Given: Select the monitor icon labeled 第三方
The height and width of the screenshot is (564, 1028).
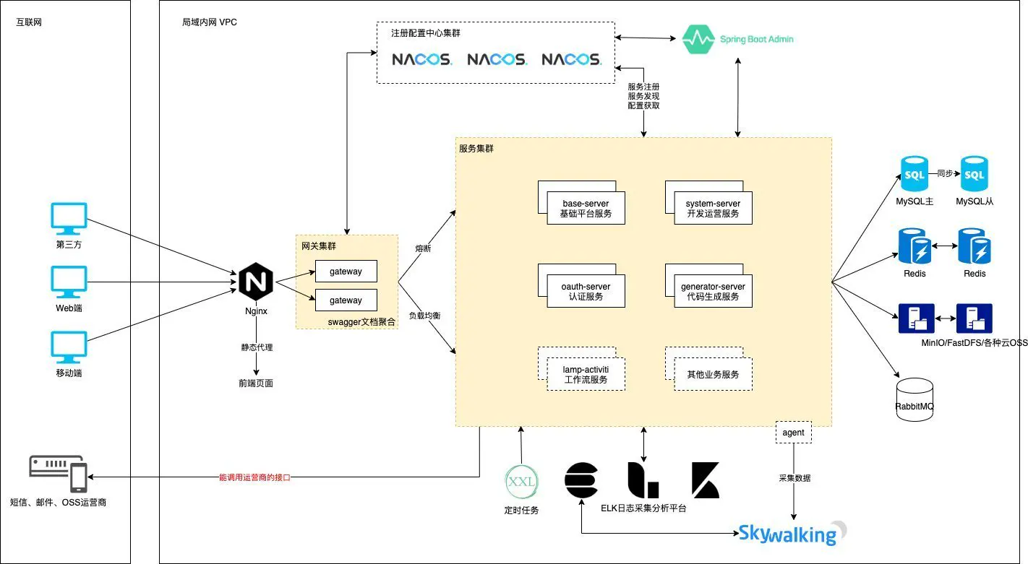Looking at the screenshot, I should pos(69,218).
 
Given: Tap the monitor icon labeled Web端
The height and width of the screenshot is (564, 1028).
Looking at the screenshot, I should pos(69,282).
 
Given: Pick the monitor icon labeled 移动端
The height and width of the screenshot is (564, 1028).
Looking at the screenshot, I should pos(69,347).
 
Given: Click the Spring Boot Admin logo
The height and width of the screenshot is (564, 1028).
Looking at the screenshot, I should pos(737,39).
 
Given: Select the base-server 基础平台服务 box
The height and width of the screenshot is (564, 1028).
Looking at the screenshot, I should pos(585,208).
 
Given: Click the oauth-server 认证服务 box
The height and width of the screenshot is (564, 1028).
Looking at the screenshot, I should pos(585,290).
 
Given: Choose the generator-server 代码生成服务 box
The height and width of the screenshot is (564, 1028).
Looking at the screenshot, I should pos(712,290).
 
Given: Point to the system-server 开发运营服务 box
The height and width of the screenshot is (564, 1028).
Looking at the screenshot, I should pos(712,208).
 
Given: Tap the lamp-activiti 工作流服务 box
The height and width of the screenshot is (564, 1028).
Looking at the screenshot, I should pos(585,373).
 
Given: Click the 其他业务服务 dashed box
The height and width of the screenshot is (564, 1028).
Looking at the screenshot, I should pos(712,374).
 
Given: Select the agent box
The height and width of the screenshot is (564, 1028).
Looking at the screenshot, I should pos(793,433).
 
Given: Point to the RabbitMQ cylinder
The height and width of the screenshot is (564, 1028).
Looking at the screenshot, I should pos(914,397).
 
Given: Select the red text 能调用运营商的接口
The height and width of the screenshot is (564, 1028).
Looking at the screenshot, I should pos(254,477).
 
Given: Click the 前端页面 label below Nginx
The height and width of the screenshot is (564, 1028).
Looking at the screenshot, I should pos(256,383).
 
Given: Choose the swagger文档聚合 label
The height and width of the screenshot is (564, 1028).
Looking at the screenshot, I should pos(361,322).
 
